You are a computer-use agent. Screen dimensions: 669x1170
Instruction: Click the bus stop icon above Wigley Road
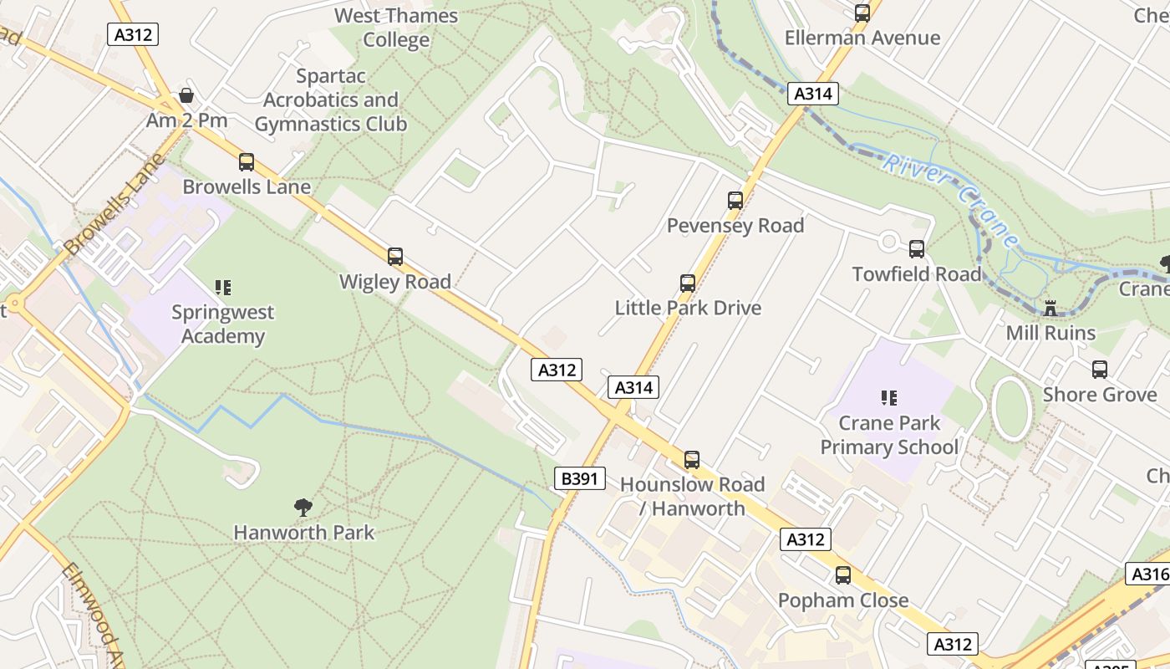[395, 257]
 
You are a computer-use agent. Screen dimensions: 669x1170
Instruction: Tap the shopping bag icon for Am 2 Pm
[186, 95]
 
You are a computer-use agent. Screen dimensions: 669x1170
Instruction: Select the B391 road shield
[579, 478]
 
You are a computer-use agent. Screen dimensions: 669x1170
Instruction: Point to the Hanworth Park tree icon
[303, 507]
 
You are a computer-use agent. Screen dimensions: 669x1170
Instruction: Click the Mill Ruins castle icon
[1050, 308]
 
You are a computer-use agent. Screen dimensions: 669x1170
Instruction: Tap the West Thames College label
[396, 28]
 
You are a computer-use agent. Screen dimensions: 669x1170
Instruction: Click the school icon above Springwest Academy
[222, 288]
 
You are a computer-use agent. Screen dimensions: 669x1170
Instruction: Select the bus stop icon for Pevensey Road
[735, 201]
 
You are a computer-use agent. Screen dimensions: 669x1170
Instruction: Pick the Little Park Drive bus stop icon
[688, 283]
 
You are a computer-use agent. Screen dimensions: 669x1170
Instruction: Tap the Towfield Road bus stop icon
[917, 249]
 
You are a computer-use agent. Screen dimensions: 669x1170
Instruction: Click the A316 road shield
[1149, 574]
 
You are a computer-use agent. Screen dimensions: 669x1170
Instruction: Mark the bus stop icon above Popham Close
[842, 575]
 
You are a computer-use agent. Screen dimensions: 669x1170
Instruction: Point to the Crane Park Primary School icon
[889, 398]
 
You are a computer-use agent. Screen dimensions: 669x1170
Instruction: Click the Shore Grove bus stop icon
[1100, 370]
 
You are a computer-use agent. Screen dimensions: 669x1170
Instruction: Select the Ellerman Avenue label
[862, 38]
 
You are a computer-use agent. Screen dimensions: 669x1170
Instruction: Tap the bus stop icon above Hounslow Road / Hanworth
[692, 460]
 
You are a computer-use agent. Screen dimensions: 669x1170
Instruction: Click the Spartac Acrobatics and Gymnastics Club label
[331, 100]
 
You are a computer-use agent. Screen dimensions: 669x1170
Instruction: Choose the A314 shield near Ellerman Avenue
[812, 94]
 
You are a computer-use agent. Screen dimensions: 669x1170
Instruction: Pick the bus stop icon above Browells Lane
[247, 162]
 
